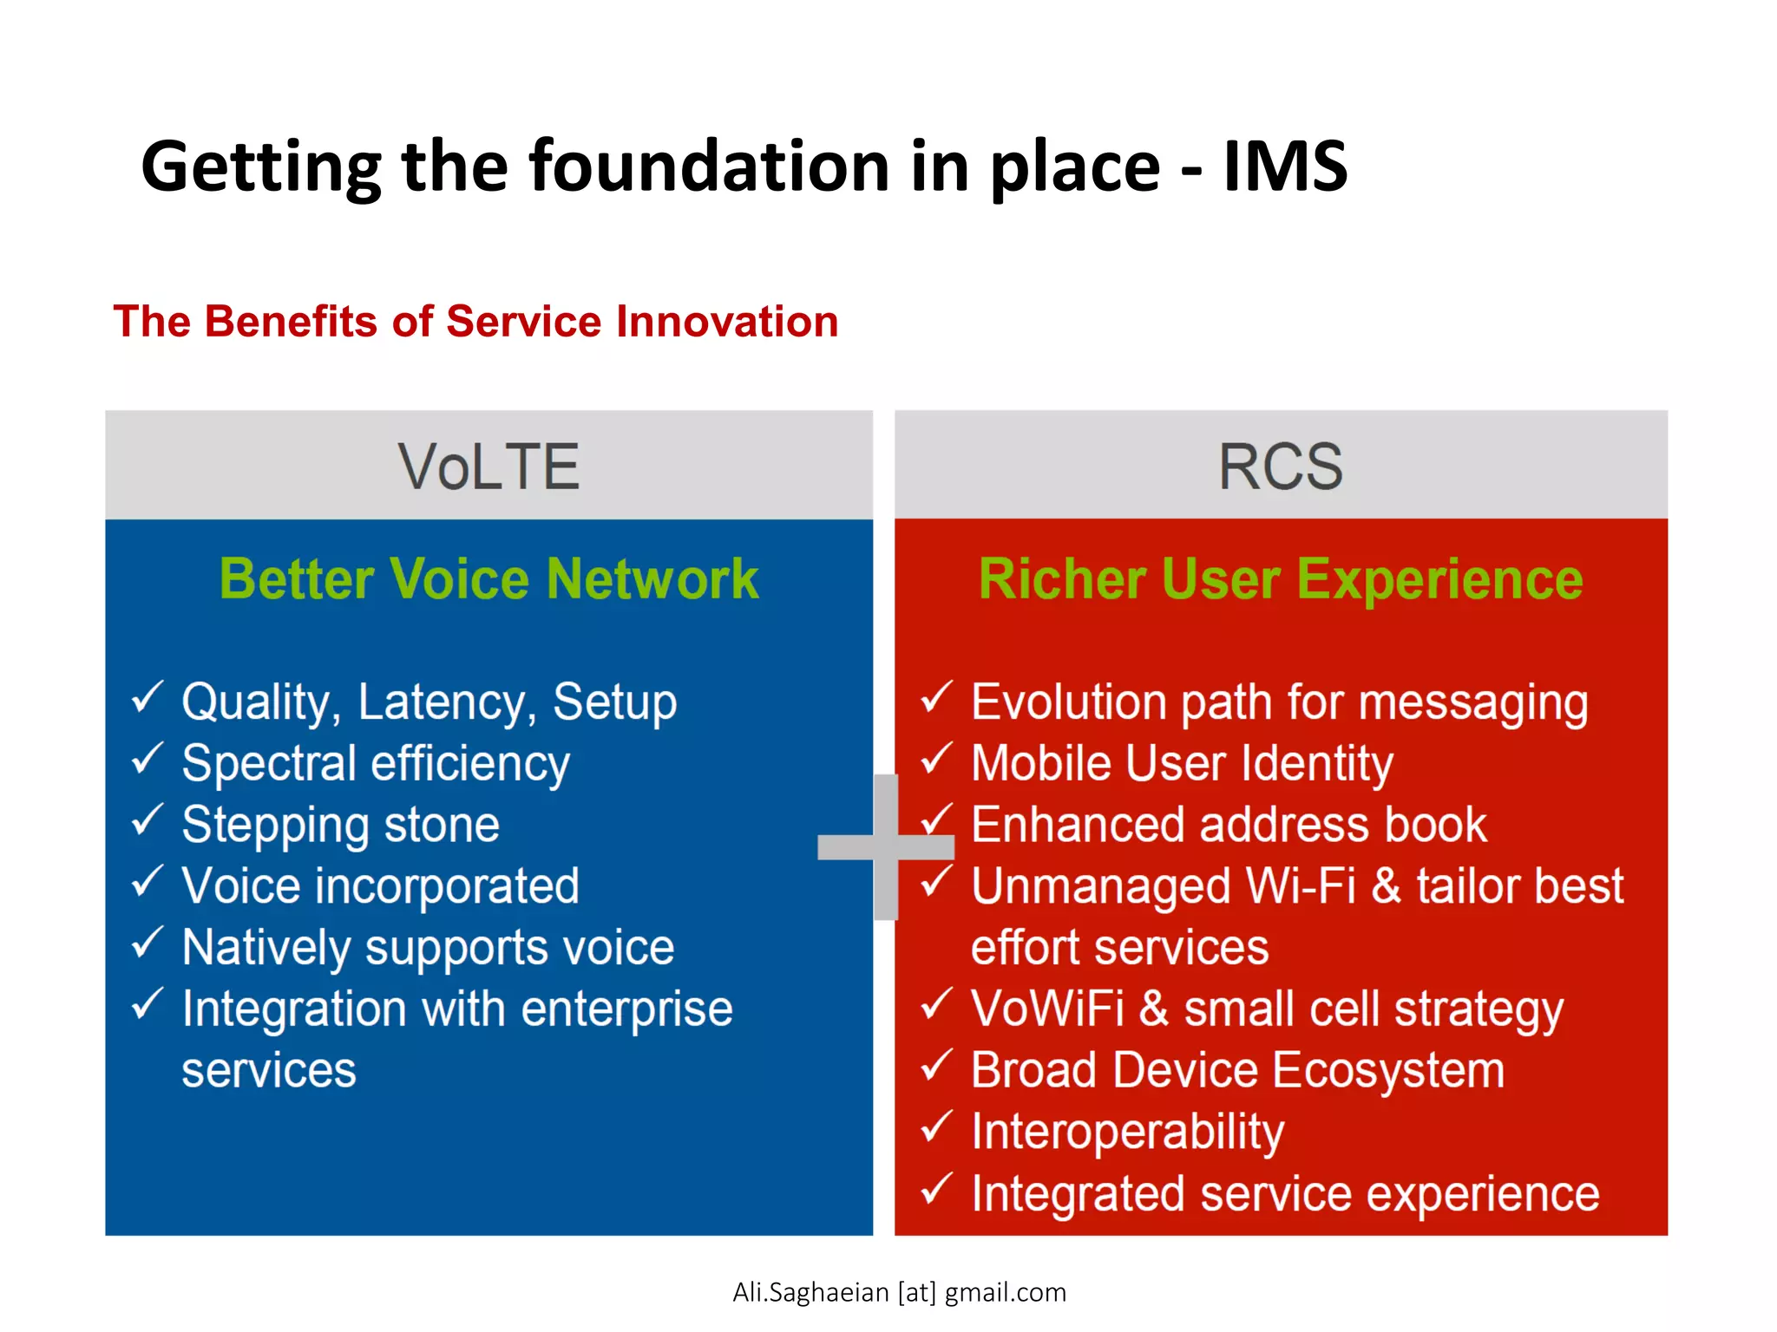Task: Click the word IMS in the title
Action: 1285,166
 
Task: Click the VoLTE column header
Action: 489,467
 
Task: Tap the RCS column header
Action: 1281,467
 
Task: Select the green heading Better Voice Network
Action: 489,579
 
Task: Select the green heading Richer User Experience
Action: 1281,579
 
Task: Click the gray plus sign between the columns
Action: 886,846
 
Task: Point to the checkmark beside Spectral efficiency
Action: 148,759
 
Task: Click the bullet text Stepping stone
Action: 340,825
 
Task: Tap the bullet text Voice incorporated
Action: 380,886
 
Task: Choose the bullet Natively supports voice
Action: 428,948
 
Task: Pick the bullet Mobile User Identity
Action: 1182,764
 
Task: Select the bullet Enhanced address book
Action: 1229,825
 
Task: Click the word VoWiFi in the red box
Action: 1047,1009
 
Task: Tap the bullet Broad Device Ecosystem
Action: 1237,1070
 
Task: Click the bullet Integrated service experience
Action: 1284,1194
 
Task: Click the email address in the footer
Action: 899,1292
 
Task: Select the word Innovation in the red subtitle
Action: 727,322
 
